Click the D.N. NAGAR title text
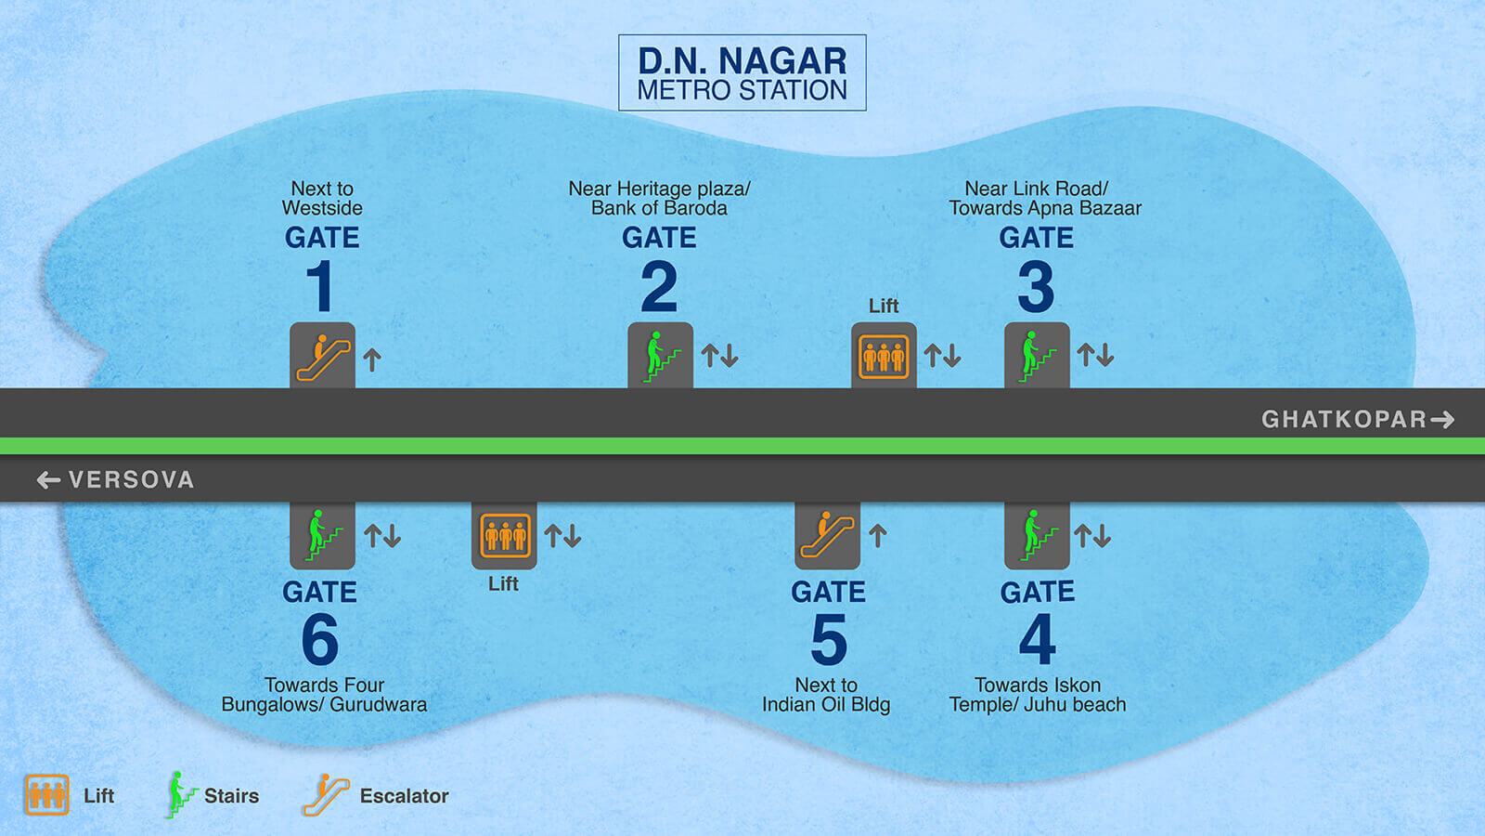click(742, 61)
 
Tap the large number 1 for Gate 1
click(320, 286)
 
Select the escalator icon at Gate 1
click(322, 356)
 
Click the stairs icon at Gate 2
click(660, 356)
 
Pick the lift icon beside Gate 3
click(884, 356)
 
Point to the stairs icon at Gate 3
click(1037, 356)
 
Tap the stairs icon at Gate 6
click(322, 535)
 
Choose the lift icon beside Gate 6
click(504, 535)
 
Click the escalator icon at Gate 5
click(827, 535)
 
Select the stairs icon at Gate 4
click(1037, 535)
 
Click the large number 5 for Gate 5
click(829, 640)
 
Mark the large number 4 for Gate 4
click(1037, 639)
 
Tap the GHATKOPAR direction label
click(1343, 419)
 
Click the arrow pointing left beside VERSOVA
click(48, 479)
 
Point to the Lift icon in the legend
click(46, 795)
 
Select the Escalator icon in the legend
click(325, 795)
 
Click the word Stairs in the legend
click(231, 796)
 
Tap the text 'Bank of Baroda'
click(659, 208)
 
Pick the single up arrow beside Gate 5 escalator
click(878, 536)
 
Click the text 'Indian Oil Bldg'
click(826, 705)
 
